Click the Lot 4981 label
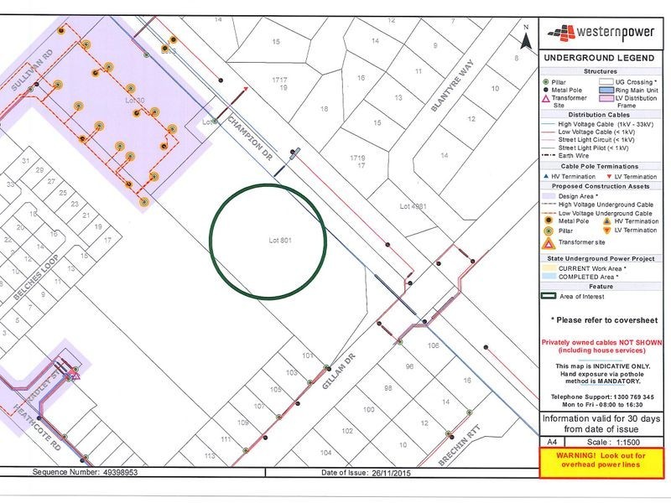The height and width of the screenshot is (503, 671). (413, 205)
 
